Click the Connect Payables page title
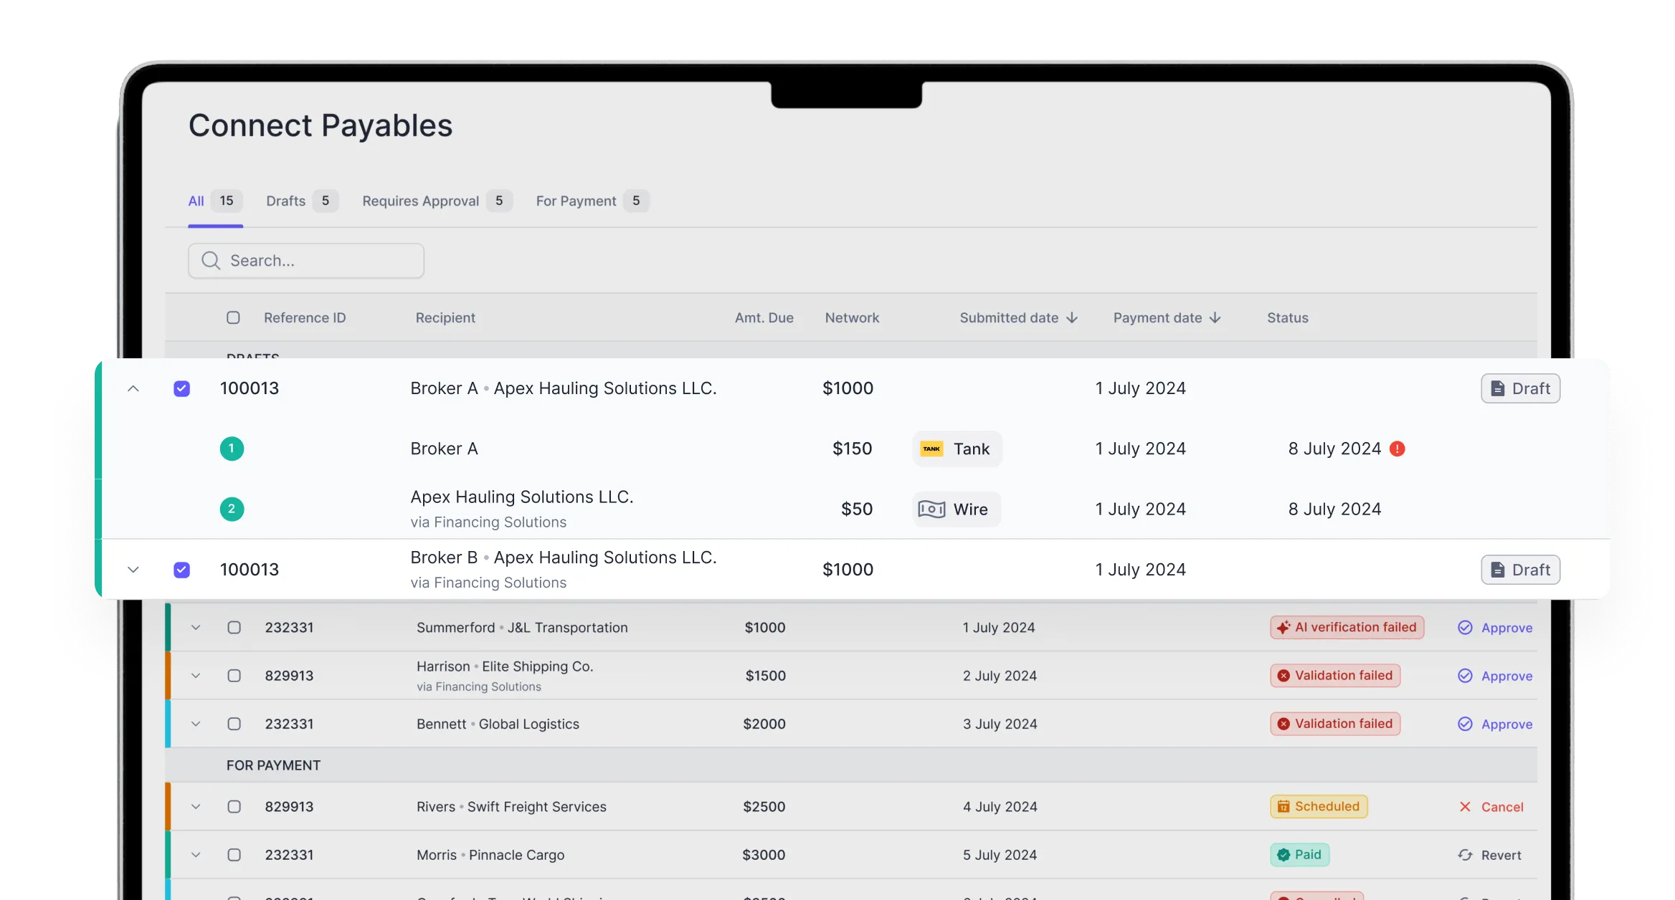(x=320, y=126)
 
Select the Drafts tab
(x=300, y=201)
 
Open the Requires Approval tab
(x=436, y=201)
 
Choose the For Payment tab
(x=592, y=201)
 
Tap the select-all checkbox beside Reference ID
(x=233, y=317)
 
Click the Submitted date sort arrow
(x=1072, y=317)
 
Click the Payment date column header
(x=1157, y=317)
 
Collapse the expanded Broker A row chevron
(x=133, y=388)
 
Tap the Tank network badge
(x=957, y=449)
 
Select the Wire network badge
(x=956, y=509)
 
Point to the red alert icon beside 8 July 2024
(x=1397, y=449)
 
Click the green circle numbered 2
(x=232, y=509)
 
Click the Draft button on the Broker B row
(x=1520, y=570)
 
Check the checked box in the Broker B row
(x=182, y=570)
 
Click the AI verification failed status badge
(x=1347, y=628)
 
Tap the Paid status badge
(x=1299, y=855)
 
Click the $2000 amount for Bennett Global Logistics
(x=764, y=724)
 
